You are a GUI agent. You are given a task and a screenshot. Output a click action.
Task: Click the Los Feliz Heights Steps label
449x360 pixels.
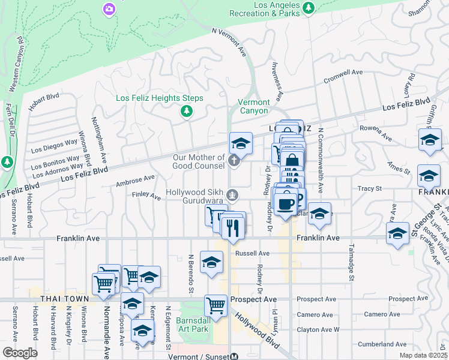(159, 98)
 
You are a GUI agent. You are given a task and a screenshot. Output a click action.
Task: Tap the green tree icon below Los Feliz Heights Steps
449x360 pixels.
(187, 111)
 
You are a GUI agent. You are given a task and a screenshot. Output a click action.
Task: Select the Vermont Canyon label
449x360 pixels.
(254, 106)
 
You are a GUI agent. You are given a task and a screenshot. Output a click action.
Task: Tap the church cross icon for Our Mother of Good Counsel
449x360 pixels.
(234, 161)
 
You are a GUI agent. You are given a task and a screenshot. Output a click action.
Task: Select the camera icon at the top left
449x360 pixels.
(109, 8)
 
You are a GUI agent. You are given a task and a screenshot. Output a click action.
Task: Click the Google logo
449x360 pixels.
(19, 352)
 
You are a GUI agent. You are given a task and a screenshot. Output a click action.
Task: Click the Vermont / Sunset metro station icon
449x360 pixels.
(234, 356)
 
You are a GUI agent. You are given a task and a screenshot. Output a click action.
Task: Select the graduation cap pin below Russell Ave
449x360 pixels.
(211, 262)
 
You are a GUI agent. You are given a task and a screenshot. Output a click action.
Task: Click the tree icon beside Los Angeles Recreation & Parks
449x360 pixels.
(308, 7)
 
